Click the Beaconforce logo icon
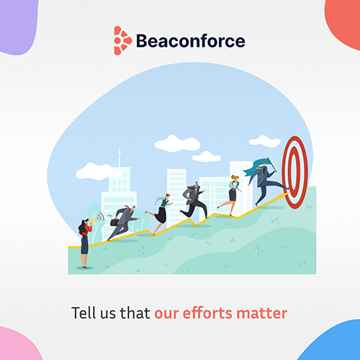click(122, 40)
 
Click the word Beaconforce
click(191, 41)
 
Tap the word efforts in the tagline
click(207, 313)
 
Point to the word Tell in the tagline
click(84, 312)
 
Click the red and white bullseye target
click(295, 173)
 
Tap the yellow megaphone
click(93, 220)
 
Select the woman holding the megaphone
click(85, 243)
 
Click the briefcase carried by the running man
click(114, 222)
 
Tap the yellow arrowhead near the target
click(283, 196)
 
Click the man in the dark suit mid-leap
click(194, 200)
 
